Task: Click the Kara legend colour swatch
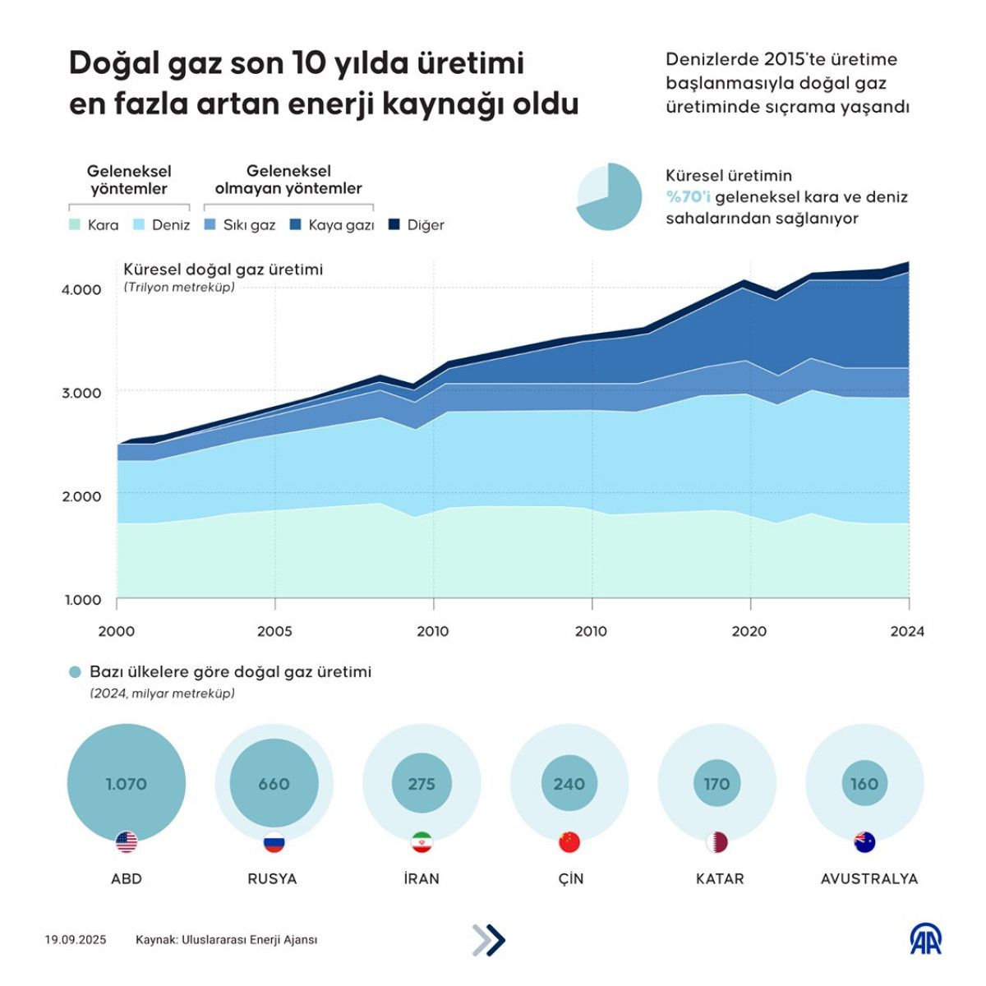[74, 224]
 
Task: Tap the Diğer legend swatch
[394, 224]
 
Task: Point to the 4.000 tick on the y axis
[81, 289]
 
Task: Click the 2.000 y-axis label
[81, 496]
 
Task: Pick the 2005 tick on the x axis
[274, 631]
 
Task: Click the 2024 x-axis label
[907, 631]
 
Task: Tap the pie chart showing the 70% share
[609, 196]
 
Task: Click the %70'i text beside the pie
[688, 197]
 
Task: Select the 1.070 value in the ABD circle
[126, 784]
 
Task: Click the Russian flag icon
[274, 842]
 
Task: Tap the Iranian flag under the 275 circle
[422, 842]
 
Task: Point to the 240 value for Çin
[569, 784]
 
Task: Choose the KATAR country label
[719, 878]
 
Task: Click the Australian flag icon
[864, 842]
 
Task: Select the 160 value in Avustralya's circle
[864, 784]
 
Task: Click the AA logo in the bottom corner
[926, 939]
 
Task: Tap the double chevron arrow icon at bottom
[489, 940]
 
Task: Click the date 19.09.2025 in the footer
[76, 940]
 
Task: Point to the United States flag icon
[127, 842]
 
